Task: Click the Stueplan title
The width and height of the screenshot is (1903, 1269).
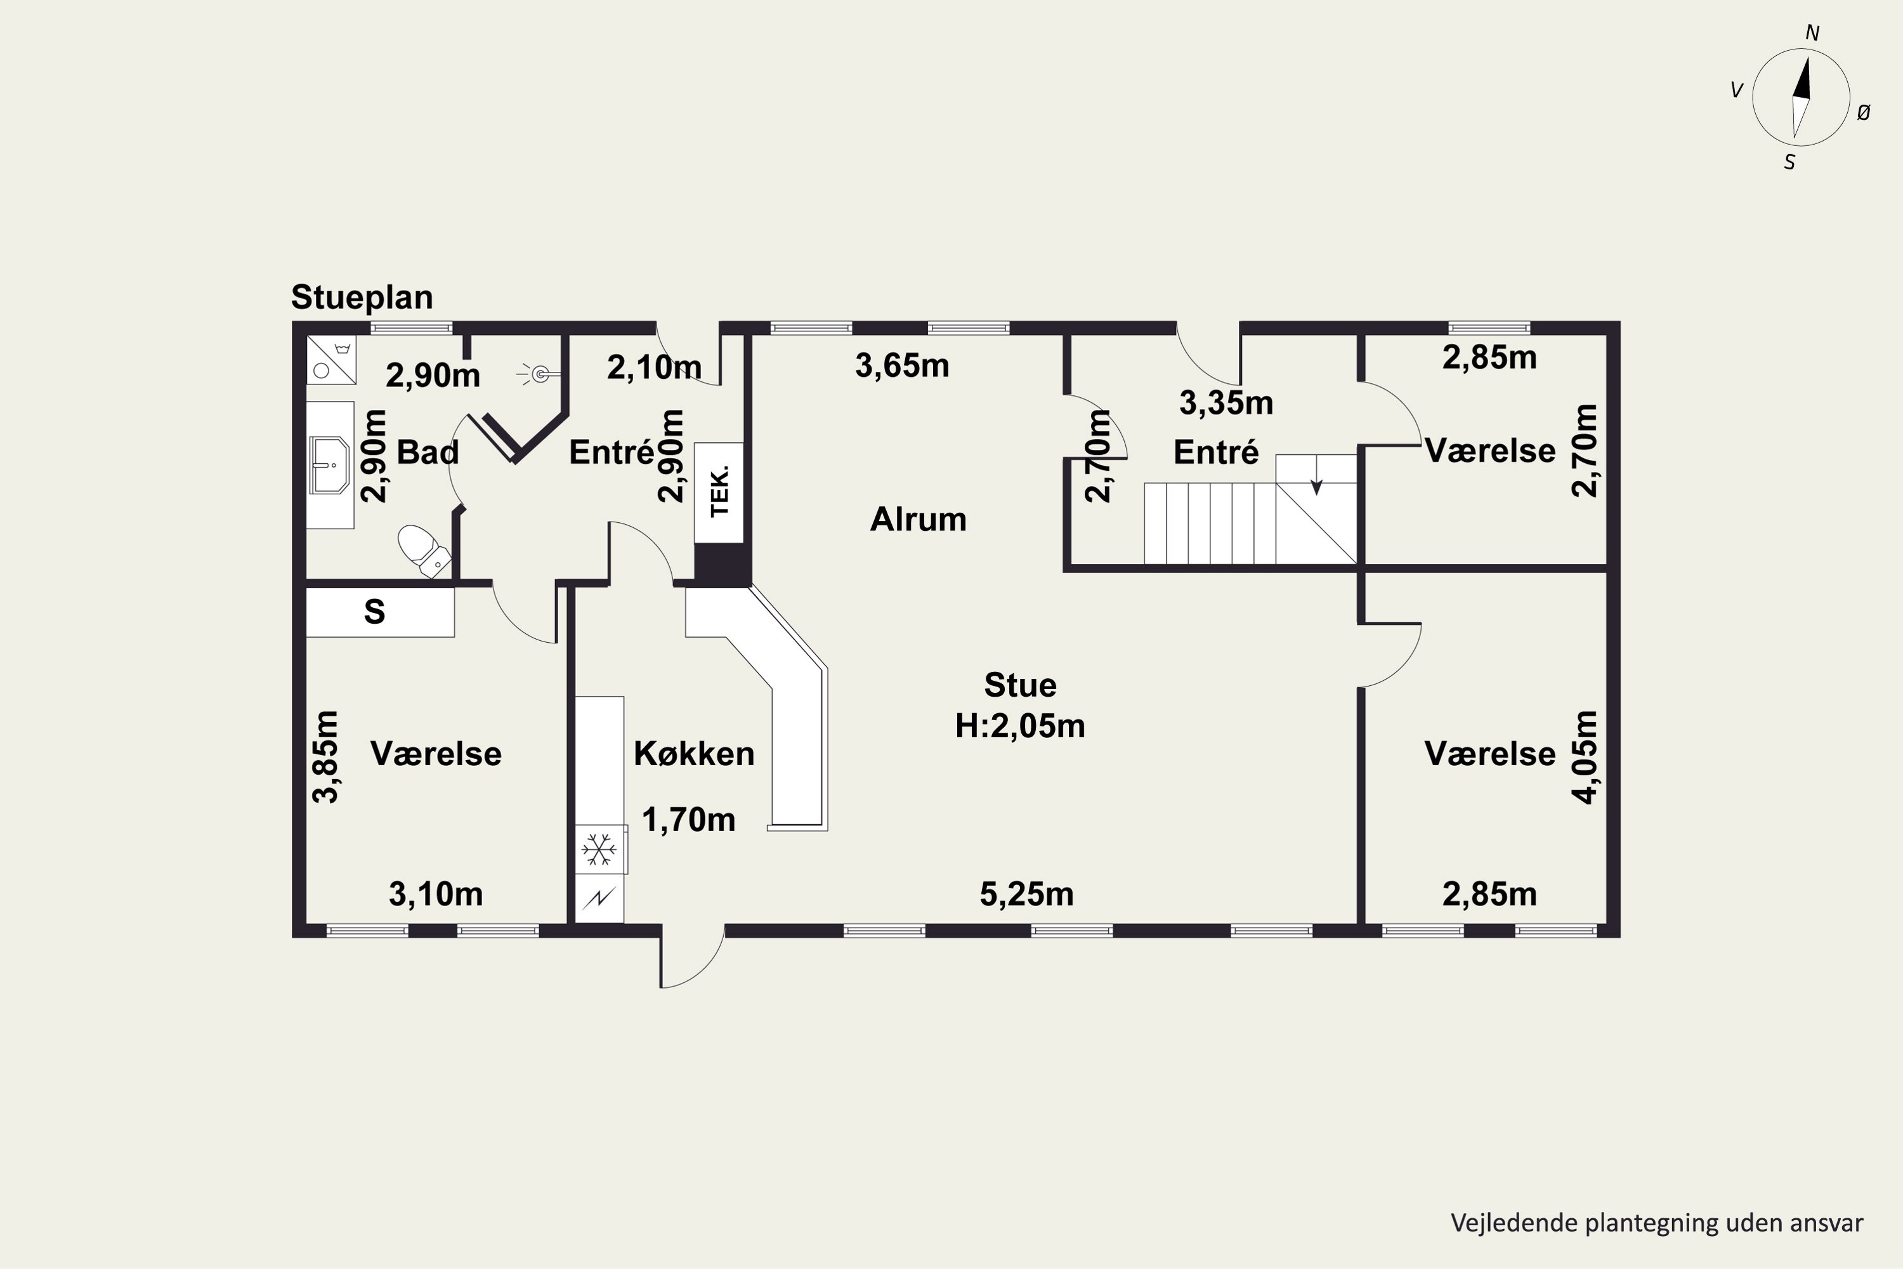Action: (362, 298)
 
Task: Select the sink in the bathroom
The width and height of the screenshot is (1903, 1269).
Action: (329, 464)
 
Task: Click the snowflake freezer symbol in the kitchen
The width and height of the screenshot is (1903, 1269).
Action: (599, 850)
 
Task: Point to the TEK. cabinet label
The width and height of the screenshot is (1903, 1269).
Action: (719, 491)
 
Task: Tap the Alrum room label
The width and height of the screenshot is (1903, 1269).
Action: (919, 520)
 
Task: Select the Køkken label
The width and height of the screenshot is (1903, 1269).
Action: (694, 754)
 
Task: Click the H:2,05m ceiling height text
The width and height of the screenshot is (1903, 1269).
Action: (1020, 726)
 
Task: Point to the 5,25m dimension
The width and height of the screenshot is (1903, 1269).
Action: (1027, 894)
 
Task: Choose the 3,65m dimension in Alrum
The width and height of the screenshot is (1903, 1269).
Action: (902, 366)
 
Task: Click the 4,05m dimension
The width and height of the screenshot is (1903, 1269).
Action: (1585, 758)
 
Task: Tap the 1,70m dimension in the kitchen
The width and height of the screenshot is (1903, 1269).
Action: (688, 820)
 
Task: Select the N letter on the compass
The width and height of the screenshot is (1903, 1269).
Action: (1812, 33)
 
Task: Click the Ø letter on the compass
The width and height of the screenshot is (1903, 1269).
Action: (1864, 114)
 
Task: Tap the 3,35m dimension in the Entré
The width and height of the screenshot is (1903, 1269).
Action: (1227, 403)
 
